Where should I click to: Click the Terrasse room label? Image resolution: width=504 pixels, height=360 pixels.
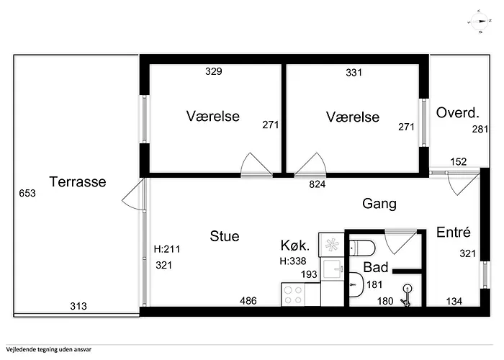[78, 181]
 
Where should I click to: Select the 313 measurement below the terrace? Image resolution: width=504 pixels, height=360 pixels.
[78, 306]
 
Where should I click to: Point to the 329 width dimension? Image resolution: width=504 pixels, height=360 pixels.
[213, 71]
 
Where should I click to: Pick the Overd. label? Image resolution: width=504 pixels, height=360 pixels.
[458, 113]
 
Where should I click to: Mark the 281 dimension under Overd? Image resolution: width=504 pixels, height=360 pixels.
[480, 130]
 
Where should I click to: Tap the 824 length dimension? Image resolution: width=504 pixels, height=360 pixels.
[318, 184]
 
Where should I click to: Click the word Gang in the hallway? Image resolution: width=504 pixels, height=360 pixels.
[379, 204]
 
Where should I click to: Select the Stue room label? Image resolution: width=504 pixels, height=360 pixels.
[225, 236]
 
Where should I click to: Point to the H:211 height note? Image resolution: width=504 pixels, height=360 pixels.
[167, 251]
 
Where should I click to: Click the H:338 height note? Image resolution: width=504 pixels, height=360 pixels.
[293, 261]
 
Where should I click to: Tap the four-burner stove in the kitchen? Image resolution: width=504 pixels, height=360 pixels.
[294, 294]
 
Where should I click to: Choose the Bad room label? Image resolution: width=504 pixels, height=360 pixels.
[376, 267]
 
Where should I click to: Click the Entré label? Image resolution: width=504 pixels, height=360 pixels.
[454, 233]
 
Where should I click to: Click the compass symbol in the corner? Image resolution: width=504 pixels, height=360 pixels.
[477, 22]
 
